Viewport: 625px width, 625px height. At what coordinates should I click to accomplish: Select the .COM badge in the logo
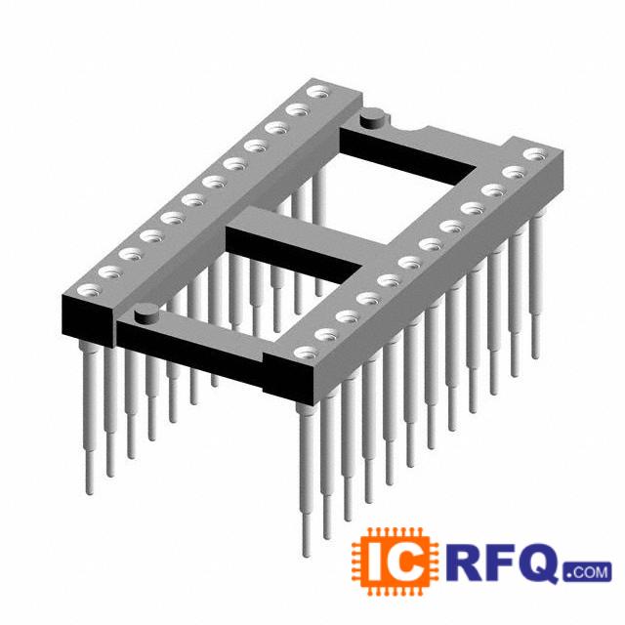587,572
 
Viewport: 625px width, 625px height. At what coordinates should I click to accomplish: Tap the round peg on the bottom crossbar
146,312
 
